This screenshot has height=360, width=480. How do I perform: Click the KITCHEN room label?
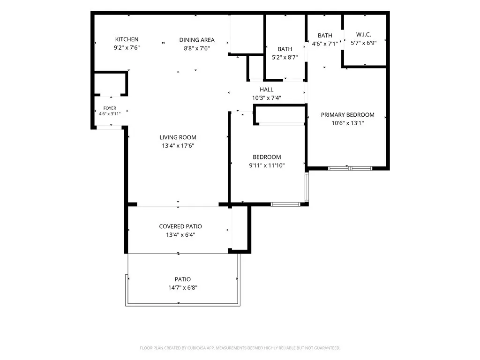coord(127,39)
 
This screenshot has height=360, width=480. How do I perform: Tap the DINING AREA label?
coord(197,40)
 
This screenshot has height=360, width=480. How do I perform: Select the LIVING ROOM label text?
coord(178,137)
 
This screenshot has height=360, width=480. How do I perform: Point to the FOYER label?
coord(110,108)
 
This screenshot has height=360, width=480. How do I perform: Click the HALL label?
coord(267,90)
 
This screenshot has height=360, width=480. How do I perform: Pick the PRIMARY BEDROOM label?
coord(348,115)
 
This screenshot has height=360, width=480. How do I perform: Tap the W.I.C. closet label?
coord(364,35)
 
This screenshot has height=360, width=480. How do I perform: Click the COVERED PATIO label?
coord(180,226)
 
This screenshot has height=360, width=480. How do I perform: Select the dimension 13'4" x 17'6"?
coord(178,146)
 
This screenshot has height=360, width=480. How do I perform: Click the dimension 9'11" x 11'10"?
coord(267,165)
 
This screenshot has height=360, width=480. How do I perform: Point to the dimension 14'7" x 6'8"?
coord(183,288)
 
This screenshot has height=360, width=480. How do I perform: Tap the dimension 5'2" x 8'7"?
coord(285,57)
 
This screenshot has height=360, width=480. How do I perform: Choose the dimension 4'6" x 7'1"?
coord(325,44)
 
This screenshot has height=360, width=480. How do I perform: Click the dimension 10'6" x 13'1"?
coord(348,123)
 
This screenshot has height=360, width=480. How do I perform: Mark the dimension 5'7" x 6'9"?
coord(364,43)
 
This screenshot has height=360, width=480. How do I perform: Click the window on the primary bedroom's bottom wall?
coord(350,168)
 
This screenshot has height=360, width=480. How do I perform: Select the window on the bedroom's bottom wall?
coord(285,204)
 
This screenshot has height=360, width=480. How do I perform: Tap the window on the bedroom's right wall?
coord(307,187)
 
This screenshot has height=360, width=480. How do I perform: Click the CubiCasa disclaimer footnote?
coord(240,348)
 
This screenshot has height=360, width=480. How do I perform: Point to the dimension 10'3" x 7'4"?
coord(267,98)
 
